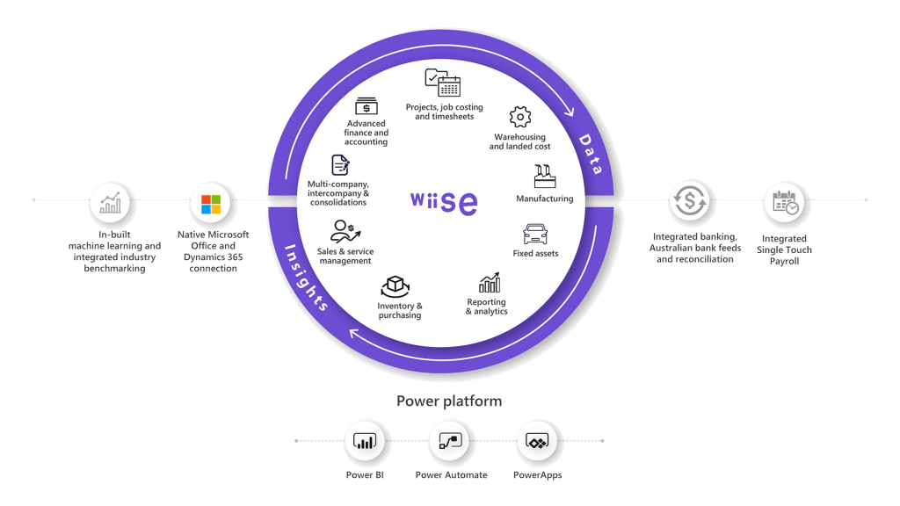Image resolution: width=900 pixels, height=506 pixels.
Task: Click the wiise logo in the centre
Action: (444, 201)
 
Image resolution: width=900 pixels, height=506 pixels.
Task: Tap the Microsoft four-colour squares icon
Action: (211, 204)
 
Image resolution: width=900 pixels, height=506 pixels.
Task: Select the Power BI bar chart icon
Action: (364, 442)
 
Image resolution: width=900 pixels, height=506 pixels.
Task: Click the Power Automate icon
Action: (451, 442)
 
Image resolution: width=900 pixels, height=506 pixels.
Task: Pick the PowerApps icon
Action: (537, 442)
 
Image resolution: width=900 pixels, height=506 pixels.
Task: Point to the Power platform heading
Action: (449, 401)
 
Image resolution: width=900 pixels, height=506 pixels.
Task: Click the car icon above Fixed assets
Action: (535, 234)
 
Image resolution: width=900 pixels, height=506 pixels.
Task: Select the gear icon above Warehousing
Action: (520, 117)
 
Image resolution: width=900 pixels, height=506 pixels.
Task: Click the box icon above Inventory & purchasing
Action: (396, 287)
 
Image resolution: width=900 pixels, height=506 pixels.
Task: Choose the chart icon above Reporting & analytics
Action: (490, 283)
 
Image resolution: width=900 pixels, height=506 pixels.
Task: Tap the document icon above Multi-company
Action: (340, 165)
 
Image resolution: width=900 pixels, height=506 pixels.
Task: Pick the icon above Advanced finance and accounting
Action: (367, 105)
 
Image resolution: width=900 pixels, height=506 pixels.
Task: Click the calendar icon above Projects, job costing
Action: (443, 83)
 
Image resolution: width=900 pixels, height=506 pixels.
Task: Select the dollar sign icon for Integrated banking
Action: (690, 201)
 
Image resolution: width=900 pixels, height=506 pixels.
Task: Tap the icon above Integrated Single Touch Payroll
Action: (785, 203)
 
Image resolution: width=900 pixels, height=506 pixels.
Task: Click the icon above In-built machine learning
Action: (111, 204)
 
